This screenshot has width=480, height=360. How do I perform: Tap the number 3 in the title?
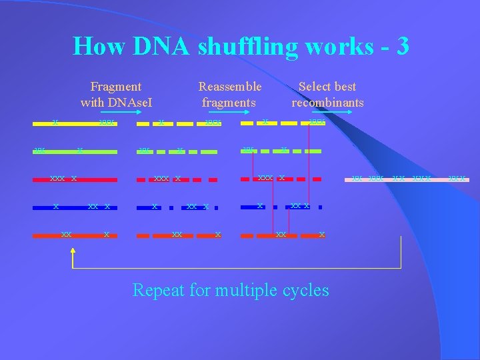[401, 46]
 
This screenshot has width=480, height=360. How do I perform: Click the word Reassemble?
[230, 87]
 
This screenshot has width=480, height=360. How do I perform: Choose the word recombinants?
[327, 103]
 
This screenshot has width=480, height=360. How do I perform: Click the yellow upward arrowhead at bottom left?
[73, 253]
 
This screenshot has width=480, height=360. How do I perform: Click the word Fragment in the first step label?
[116, 87]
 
